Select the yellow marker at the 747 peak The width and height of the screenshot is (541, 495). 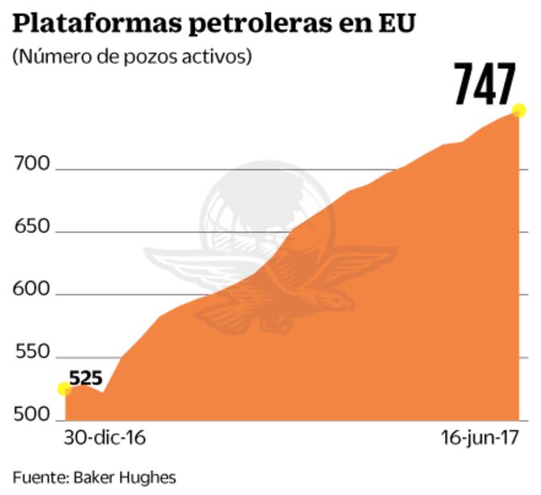coord(519,110)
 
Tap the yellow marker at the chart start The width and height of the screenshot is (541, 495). coord(64,389)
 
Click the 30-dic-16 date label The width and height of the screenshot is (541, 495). coord(99,440)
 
